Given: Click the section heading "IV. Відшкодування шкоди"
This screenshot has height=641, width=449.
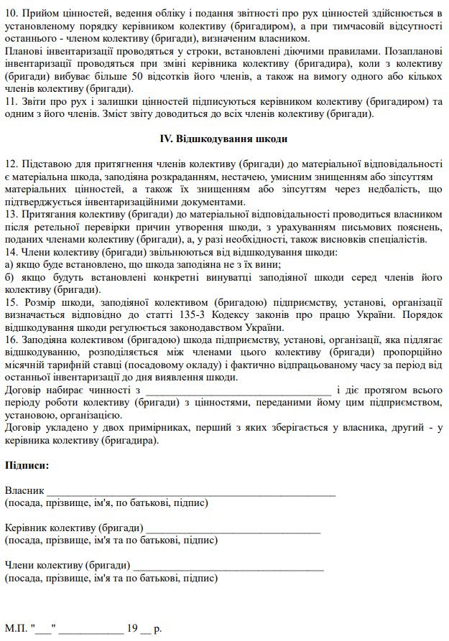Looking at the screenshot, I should tap(223, 139).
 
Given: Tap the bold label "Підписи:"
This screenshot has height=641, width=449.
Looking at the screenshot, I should tap(27, 465).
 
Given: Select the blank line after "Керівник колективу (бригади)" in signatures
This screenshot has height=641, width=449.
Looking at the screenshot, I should tap(233, 530).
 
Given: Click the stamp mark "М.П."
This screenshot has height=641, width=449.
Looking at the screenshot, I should tap(17, 629).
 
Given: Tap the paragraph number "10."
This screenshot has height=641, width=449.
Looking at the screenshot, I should tap(11, 13).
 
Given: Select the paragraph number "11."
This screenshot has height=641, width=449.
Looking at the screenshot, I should tap(11, 102).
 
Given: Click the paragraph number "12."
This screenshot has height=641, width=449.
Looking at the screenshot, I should tap(11, 164).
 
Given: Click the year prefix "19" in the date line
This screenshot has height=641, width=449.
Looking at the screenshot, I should tap(132, 629).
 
